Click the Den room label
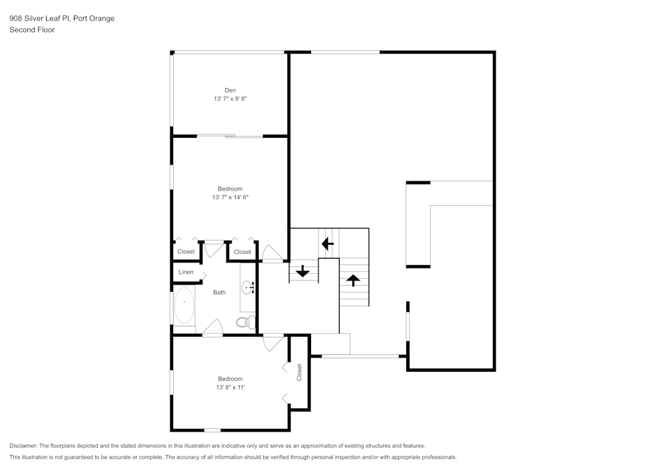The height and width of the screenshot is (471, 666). coord(230,90)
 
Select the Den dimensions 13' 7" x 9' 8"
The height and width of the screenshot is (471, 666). coord(230,99)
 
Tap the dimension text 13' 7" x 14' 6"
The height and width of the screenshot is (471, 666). coord(230,197)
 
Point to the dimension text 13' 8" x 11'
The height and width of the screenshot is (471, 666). coord(230,387)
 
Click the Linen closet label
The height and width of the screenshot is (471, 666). coord(186,272)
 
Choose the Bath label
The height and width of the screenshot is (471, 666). coord(219,292)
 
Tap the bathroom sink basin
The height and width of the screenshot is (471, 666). coord(248,288)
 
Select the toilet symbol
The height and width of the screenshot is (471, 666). coord(244,322)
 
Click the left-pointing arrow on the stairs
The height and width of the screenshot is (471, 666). coord(327,244)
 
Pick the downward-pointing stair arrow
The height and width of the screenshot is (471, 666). coord(302,271)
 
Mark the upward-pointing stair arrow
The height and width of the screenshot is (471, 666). coord(353,280)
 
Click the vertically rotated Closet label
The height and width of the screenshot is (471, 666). coord(300,372)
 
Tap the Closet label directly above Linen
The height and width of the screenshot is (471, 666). coord(186,252)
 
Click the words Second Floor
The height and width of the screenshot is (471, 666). coord(32,30)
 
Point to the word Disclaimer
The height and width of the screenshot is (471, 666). coord(23,446)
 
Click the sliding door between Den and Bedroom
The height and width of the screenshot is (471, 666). coord(230,137)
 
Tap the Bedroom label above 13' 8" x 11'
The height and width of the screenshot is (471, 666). coord(230,378)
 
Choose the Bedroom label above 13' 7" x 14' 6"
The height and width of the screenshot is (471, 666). coord(230,189)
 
